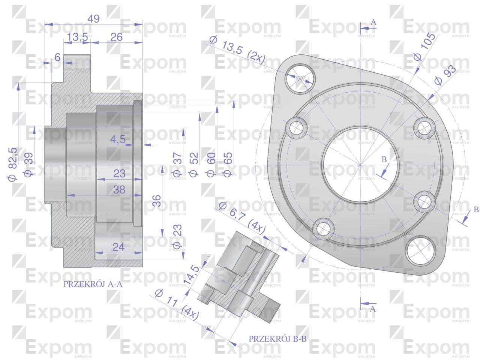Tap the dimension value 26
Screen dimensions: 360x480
click(x=117, y=37)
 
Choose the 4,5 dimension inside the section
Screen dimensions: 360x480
click(x=118, y=139)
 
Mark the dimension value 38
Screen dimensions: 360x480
click(x=119, y=190)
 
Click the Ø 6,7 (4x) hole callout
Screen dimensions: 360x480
click(x=242, y=217)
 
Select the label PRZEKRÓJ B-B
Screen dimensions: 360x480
click(x=277, y=339)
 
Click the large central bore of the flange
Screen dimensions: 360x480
click(x=360, y=165)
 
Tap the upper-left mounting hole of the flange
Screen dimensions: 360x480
click(x=298, y=79)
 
